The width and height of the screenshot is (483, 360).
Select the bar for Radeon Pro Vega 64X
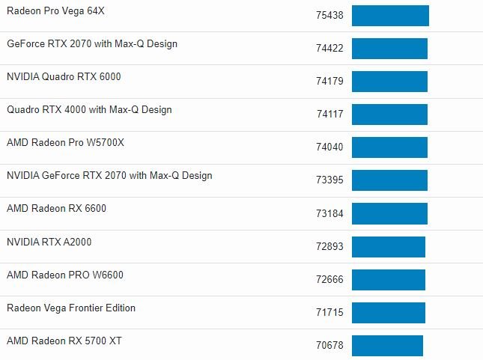(390, 16)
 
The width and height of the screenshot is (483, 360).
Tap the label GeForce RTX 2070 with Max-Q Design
(92, 43)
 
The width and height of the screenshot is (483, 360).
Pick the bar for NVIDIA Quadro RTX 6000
(389, 82)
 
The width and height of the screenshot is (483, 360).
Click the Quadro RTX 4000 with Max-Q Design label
(89, 109)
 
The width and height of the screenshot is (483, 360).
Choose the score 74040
(329, 147)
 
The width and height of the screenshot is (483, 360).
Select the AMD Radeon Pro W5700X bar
(389, 147)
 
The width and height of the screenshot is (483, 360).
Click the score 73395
(329, 180)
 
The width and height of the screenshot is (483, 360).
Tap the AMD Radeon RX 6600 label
(56, 208)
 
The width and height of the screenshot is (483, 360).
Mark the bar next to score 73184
(389, 213)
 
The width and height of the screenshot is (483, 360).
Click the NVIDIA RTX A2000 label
(49, 242)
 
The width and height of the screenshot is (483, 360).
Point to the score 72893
(329, 246)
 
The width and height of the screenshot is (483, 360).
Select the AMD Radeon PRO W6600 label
(65, 275)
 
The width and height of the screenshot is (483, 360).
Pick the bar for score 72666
(389, 279)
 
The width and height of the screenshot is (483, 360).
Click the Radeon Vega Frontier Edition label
(71, 308)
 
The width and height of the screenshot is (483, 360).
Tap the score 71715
(329, 312)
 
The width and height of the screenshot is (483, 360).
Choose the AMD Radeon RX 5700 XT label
(64, 341)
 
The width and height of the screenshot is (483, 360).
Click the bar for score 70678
(387, 345)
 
